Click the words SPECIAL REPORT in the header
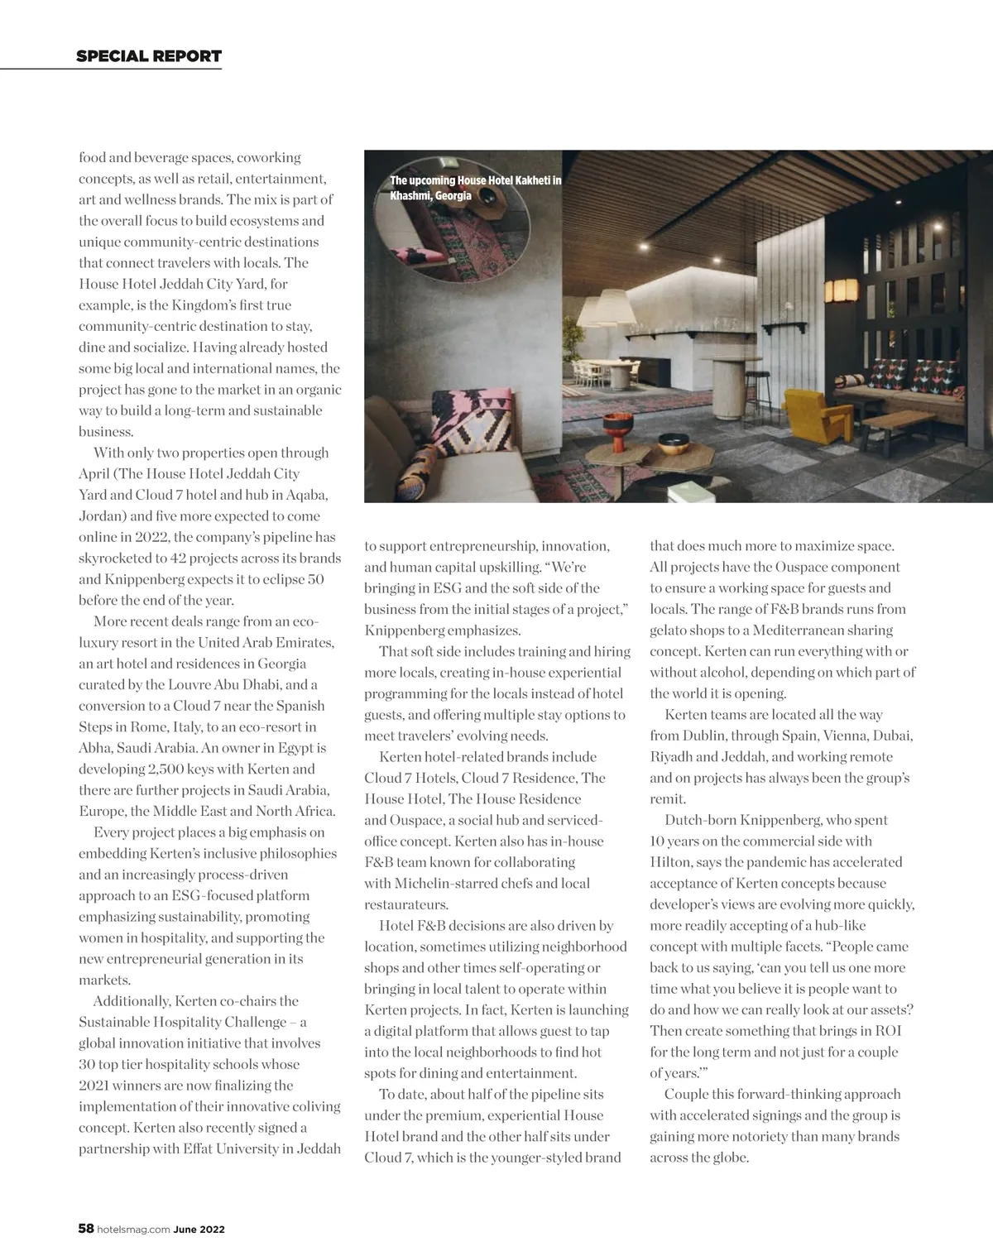[149, 56]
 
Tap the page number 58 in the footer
[86, 1229]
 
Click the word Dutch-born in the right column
[702, 820]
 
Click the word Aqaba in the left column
[307, 495]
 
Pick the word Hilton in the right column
[671, 862]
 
